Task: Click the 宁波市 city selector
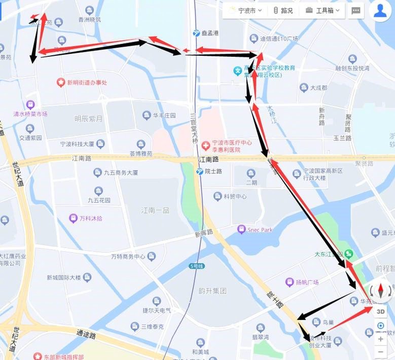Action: point(246,10)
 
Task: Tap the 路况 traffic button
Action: point(283,10)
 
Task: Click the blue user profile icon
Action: point(380,11)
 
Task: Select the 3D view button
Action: point(380,311)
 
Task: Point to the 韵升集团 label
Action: point(212,291)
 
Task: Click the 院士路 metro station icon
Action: point(200,171)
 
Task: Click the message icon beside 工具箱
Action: point(356,10)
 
